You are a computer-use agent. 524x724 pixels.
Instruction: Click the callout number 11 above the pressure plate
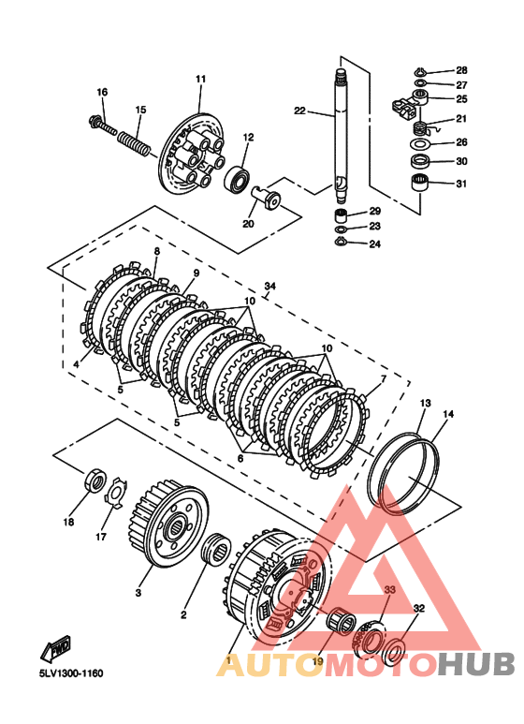[200, 79]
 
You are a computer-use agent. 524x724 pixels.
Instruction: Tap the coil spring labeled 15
[134, 142]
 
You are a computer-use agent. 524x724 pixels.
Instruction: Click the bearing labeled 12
[238, 178]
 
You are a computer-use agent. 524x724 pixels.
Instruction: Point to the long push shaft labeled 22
[341, 136]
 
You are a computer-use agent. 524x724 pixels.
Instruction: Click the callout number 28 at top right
[461, 70]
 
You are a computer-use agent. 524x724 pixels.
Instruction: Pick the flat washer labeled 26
[419, 144]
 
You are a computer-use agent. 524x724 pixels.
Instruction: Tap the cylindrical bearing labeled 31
[420, 183]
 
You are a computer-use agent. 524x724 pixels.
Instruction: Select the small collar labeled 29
[341, 215]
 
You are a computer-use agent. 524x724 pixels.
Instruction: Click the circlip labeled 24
[340, 241]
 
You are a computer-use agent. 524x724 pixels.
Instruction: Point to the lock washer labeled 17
[115, 494]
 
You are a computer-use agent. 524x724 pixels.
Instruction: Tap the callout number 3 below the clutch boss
[138, 592]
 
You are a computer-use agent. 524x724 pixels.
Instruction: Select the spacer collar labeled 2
[217, 548]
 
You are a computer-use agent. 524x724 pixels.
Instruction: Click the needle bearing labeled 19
[341, 621]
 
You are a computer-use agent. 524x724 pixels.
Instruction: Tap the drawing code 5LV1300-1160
[71, 673]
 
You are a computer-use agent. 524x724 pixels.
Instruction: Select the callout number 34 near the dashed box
[269, 287]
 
